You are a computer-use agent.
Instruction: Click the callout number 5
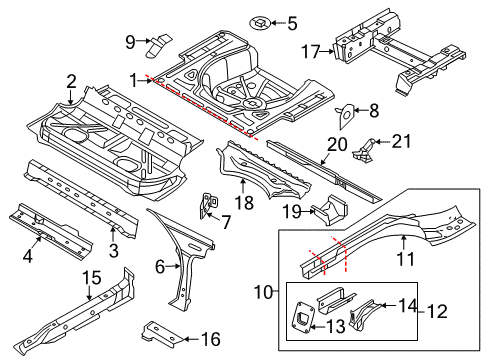click(x=292, y=23)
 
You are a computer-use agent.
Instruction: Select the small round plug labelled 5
click(x=260, y=23)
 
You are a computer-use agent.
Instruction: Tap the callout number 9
click(x=131, y=42)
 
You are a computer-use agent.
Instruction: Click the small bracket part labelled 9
click(x=159, y=45)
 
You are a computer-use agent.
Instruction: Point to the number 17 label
click(x=310, y=52)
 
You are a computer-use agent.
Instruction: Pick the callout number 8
click(x=374, y=111)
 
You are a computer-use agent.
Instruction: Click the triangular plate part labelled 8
click(x=345, y=116)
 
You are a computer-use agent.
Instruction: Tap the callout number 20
click(x=337, y=145)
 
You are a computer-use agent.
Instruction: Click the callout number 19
click(x=292, y=211)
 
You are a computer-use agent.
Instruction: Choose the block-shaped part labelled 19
click(x=330, y=210)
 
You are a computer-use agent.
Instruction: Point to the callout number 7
click(x=227, y=222)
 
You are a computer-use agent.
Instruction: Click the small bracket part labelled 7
click(x=209, y=205)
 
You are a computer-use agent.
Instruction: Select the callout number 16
click(x=211, y=339)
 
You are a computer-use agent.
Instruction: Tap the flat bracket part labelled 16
click(x=162, y=333)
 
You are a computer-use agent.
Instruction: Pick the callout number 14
click(x=408, y=305)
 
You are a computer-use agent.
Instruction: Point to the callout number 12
click(x=437, y=311)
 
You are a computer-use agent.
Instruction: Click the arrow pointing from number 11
click(x=404, y=243)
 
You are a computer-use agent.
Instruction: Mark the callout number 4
click(x=28, y=256)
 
